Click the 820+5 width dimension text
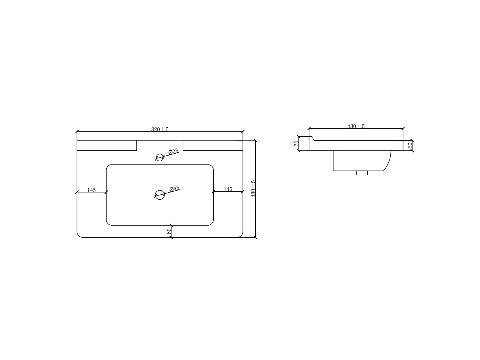point(160,129)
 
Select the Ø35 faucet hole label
point(173,151)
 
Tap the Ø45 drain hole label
point(174,188)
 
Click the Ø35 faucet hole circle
point(160,157)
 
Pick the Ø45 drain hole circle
point(160,195)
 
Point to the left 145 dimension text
point(92,190)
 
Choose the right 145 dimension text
point(228,189)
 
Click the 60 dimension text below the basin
point(169,231)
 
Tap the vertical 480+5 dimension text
point(253,189)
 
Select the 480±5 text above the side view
point(356,126)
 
